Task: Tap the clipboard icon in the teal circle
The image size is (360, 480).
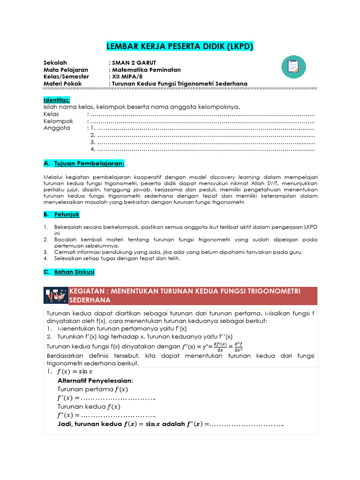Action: (293, 67)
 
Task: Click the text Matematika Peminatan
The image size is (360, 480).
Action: (146, 69)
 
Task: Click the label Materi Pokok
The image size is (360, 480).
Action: (62, 83)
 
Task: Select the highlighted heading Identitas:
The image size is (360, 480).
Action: (57, 100)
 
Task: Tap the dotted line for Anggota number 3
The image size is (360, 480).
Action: (206, 142)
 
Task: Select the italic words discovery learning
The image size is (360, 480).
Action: (232, 177)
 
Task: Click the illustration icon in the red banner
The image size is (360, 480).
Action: (56, 295)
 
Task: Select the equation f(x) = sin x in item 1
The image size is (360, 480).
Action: (75, 372)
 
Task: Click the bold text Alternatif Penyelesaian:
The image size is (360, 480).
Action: (95, 380)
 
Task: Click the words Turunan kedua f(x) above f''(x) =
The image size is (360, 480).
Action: (89, 406)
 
